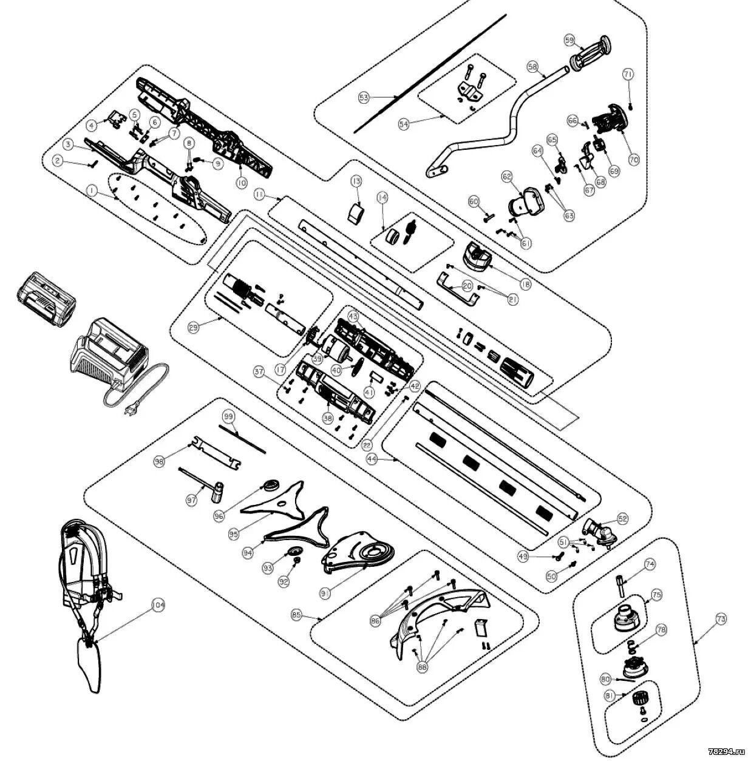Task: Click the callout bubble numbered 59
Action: pos(569,40)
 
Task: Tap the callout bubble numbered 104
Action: pos(158,605)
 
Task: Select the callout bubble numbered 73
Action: pos(721,620)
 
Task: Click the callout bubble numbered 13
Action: pos(356,181)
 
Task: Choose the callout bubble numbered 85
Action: pos(296,615)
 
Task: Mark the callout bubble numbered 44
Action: pos(372,460)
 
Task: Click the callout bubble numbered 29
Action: pos(194,328)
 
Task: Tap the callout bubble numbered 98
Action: pos(160,462)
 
